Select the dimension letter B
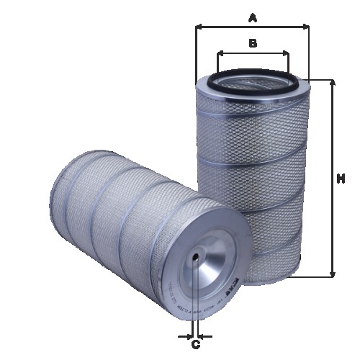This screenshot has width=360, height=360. pos(252,43)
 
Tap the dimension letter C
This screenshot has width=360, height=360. pos(195,345)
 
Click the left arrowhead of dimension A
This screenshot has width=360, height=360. pos(199,27)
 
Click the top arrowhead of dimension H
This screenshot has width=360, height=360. pos(333,83)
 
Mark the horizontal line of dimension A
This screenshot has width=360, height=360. pos(252,27)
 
